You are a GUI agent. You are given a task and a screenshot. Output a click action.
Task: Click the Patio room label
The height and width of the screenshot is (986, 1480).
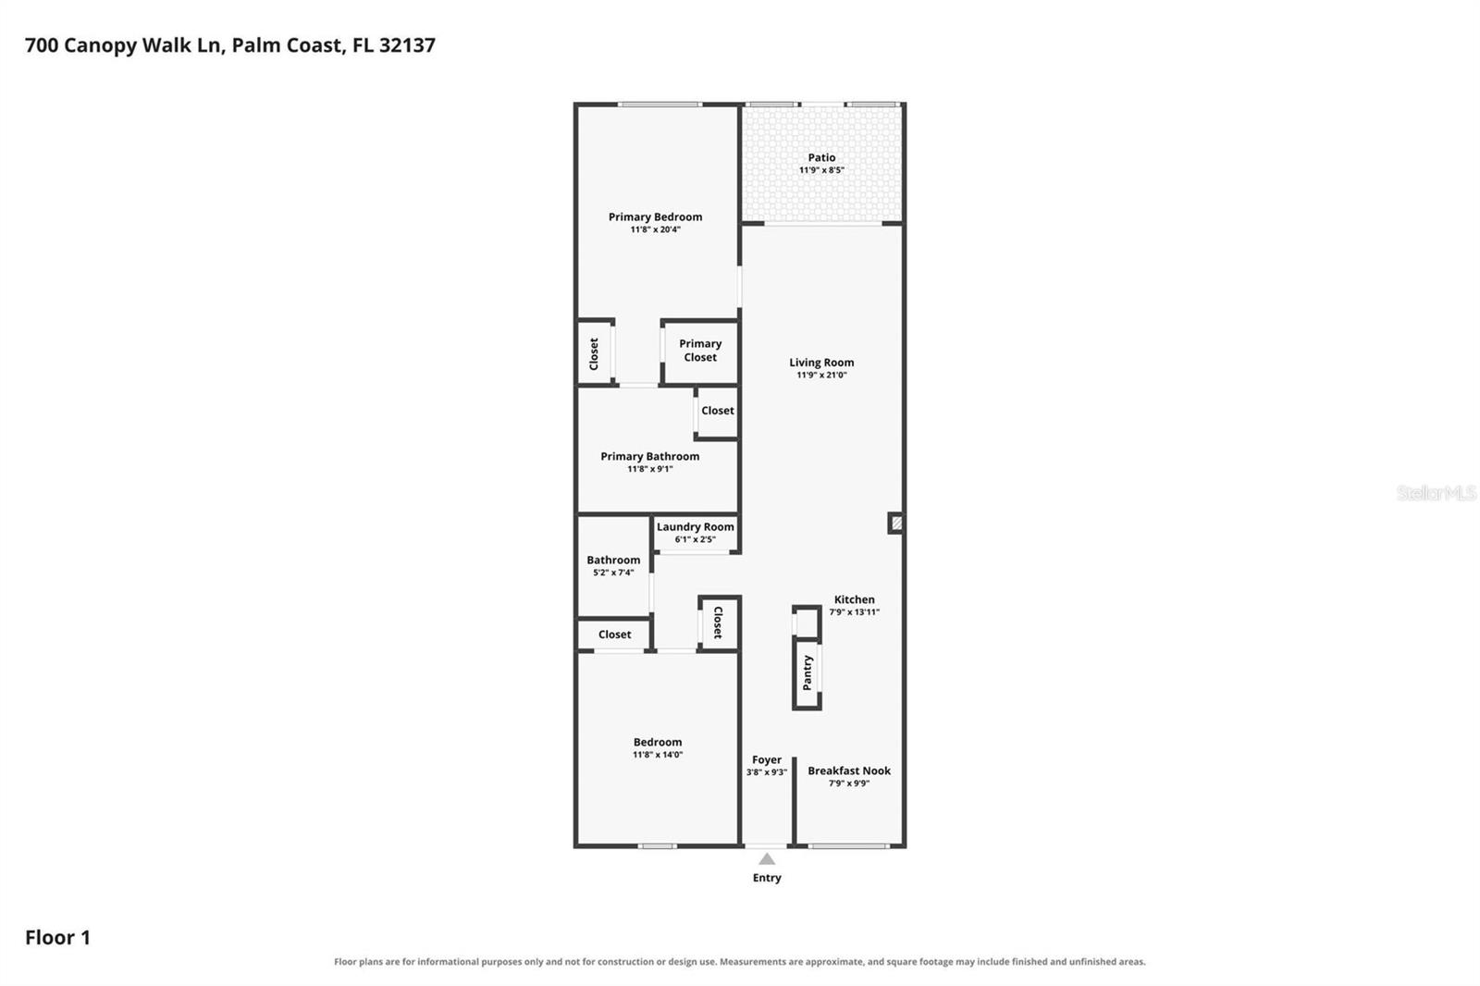point(821,157)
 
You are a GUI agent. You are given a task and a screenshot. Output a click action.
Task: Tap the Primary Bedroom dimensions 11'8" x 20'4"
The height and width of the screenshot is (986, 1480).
point(655,229)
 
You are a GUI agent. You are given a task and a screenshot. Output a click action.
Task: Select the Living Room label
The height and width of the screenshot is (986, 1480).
point(821,363)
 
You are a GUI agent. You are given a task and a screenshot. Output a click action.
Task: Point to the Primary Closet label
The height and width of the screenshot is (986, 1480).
point(700,351)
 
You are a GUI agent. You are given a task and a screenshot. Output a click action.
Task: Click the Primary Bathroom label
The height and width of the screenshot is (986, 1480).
point(649,456)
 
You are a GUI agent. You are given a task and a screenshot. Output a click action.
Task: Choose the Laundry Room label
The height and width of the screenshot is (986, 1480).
point(695,526)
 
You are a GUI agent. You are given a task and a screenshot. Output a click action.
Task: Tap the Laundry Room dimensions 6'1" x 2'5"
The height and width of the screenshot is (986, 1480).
point(695,539)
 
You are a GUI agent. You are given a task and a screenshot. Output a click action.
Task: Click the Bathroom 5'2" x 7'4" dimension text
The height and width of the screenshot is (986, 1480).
point(613,573)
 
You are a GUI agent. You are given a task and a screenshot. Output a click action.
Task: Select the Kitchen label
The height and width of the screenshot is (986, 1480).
point(854,599)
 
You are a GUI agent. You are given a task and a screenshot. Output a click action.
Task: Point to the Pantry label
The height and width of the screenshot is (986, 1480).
point(807,672)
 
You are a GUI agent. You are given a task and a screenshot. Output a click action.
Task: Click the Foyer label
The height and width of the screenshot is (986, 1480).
point(767,760)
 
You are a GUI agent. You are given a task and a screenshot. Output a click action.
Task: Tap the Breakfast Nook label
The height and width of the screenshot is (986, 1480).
point(849,770)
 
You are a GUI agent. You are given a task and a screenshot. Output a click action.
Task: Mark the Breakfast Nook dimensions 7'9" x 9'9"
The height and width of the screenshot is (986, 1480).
point(849,783)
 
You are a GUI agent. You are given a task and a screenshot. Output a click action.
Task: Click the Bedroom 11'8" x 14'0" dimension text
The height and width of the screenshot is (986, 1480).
point(658,754)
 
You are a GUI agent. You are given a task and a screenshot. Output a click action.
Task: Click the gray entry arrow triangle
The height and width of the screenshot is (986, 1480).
point(767,860)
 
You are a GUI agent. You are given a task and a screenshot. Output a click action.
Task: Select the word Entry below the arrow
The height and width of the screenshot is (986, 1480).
point(767,878)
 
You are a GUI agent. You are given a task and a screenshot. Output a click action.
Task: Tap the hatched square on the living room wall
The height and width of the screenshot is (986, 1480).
point(896,524)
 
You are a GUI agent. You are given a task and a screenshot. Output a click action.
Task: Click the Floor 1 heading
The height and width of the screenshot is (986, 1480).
point(57,937)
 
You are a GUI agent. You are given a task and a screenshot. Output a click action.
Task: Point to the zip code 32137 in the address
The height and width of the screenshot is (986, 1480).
point(407,45)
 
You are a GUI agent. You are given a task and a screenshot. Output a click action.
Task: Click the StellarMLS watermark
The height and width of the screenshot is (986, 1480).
point(1436,492)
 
